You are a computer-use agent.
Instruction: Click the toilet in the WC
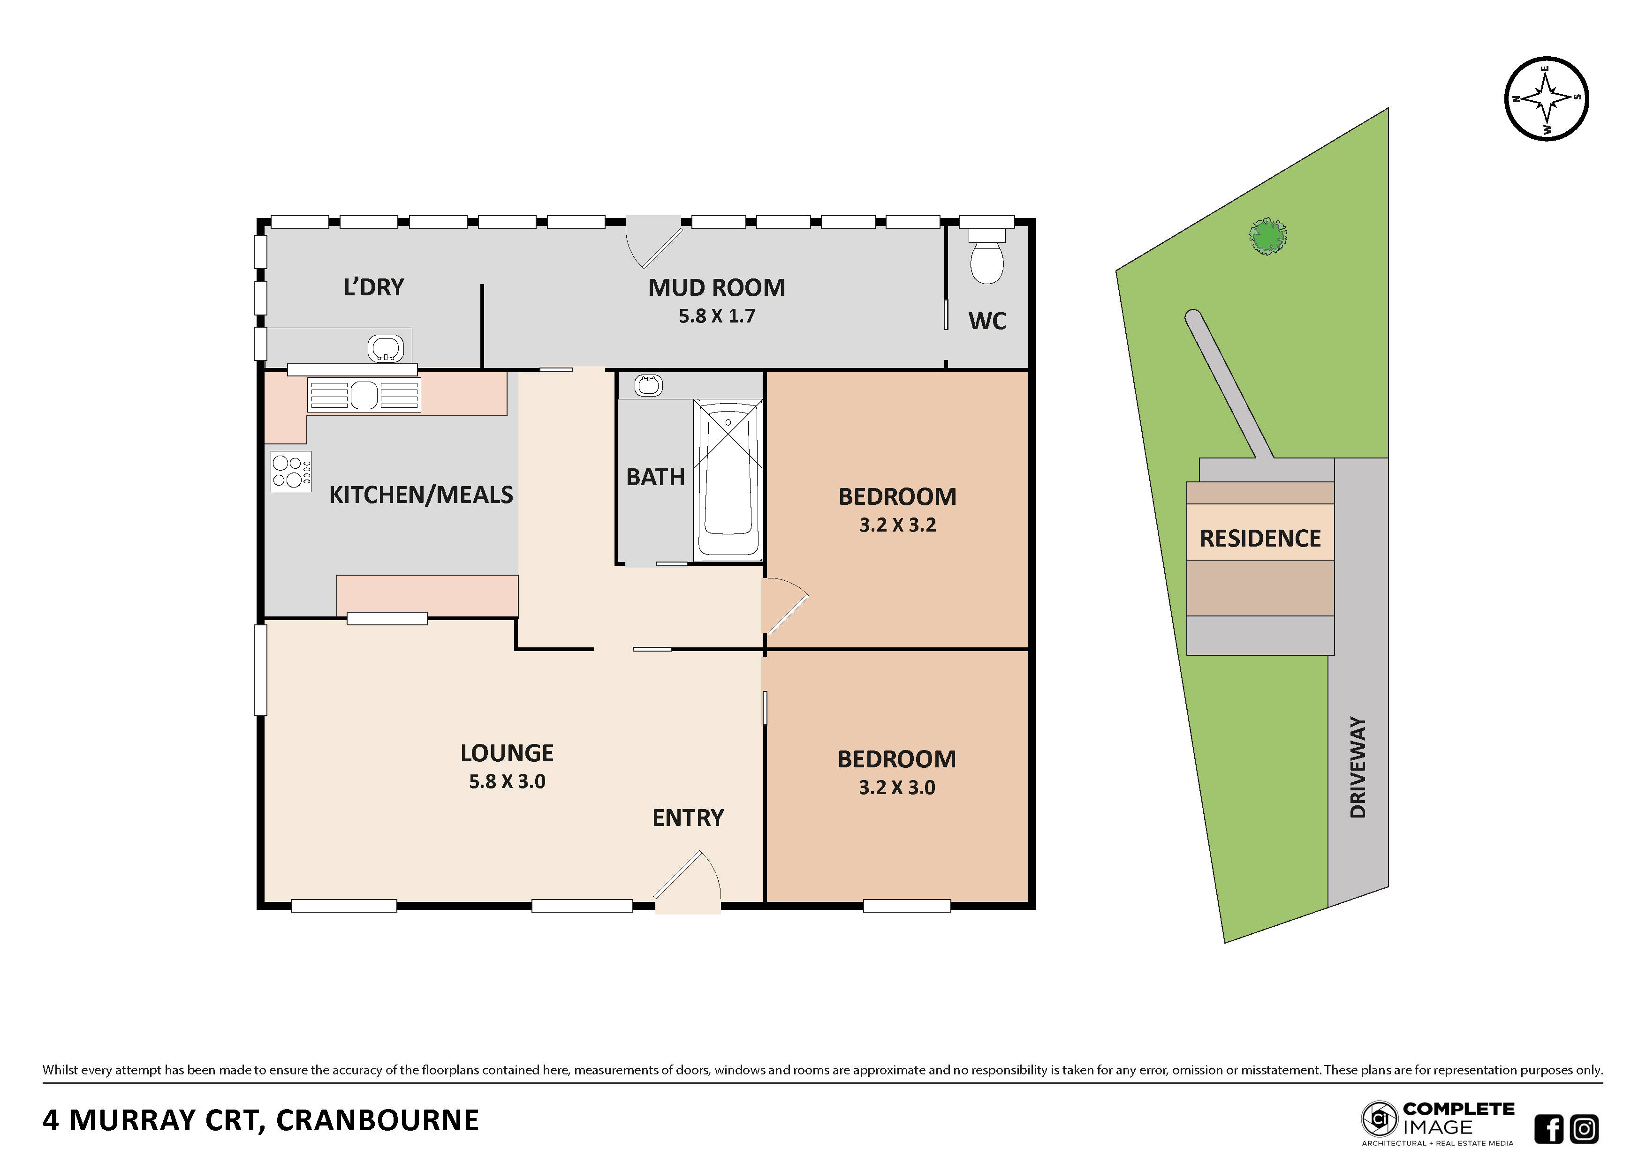point(986,256)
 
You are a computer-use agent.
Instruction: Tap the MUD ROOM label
point(716,287)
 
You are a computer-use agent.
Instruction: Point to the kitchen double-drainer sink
point(364,395)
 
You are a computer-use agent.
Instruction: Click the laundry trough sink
point(386,349)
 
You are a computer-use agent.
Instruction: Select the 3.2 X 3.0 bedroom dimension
point(897,788)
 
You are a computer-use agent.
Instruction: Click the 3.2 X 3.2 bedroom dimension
point(897,525)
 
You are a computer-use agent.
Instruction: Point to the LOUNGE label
point(507,753)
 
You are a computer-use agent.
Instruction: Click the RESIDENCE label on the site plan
point(1260,538)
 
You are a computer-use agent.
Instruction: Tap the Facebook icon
point(1548,1129)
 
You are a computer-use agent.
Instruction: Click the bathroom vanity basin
point(649,385)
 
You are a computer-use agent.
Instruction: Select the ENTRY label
point(688,818)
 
